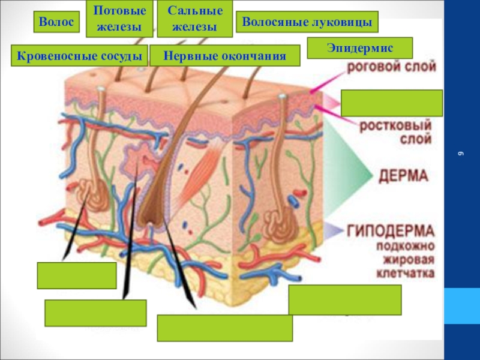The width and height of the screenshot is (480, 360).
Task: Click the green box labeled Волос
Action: [56, 22]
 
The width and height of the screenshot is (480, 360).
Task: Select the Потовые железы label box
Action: [120, 19]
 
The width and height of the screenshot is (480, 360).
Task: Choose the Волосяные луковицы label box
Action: [307, 22]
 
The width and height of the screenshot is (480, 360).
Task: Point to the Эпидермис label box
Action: [359, 47]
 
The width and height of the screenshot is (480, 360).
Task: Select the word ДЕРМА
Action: [403, 176]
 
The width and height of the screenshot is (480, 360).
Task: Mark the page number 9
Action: [461, 154]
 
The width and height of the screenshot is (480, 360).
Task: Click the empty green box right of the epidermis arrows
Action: [391, 103]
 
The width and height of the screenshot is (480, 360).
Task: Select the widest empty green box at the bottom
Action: [224, 328]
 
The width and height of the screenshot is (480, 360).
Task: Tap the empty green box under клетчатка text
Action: [344, 300]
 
